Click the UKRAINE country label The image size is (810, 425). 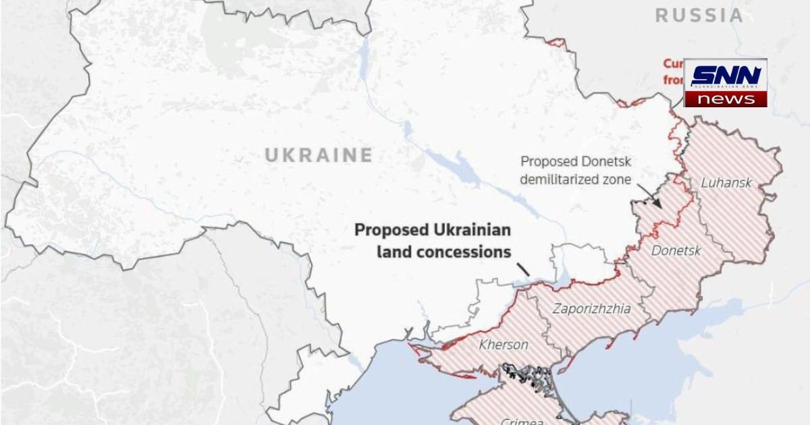pyautogui.click(x=318, y=155)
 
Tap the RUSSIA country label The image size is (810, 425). pyautogui.click(x=699, y=16)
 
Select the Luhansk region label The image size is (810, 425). pyautogui.click(x=726, y=182)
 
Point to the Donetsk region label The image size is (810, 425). pyautogui.click(x=676, y=251)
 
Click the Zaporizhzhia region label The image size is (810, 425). pyautogui.click(x=592, y=309)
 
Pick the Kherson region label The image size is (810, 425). pyautogui.click(x=504, y=345)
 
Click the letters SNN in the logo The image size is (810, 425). pyautogui.click(x=726, y=76)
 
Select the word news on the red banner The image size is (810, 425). pyautogui.click(x=726, y=99)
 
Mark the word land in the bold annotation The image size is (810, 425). pyautogui.click(x=391, y=252)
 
